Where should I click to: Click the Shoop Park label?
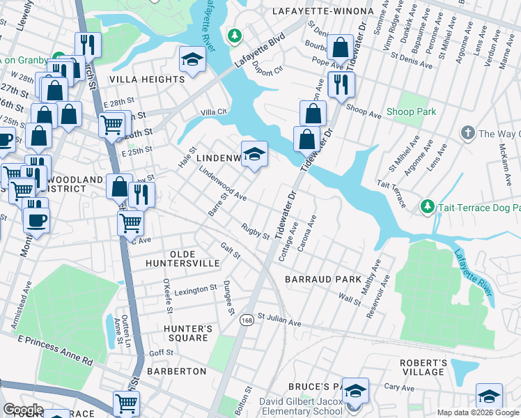pyautogui.click(x=411, y=112)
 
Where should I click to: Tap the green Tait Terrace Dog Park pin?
pyautogui.click(x=427, y=207)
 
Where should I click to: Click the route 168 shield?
pyautogui.click(x=247, y=320)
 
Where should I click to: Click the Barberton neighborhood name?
pyautogui.click(x=176, y=371)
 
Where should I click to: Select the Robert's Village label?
pyautogui.click(x=423, y=367)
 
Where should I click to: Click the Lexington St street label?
pyautogui.click(x=195, y=290)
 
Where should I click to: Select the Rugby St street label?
pyautogui.click(x=255, y=231)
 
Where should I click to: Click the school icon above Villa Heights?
pyautogui.click(x=192, y=60)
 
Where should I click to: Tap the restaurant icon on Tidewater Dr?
pyautogui.click(x=341, y=84)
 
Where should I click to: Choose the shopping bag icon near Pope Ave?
pyautogui.click(x=341, y=49)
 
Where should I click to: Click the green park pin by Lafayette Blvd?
pyautogui.click(x=235, y=34)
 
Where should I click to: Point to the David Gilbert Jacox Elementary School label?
pyautogui.click(x=302, y=406)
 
